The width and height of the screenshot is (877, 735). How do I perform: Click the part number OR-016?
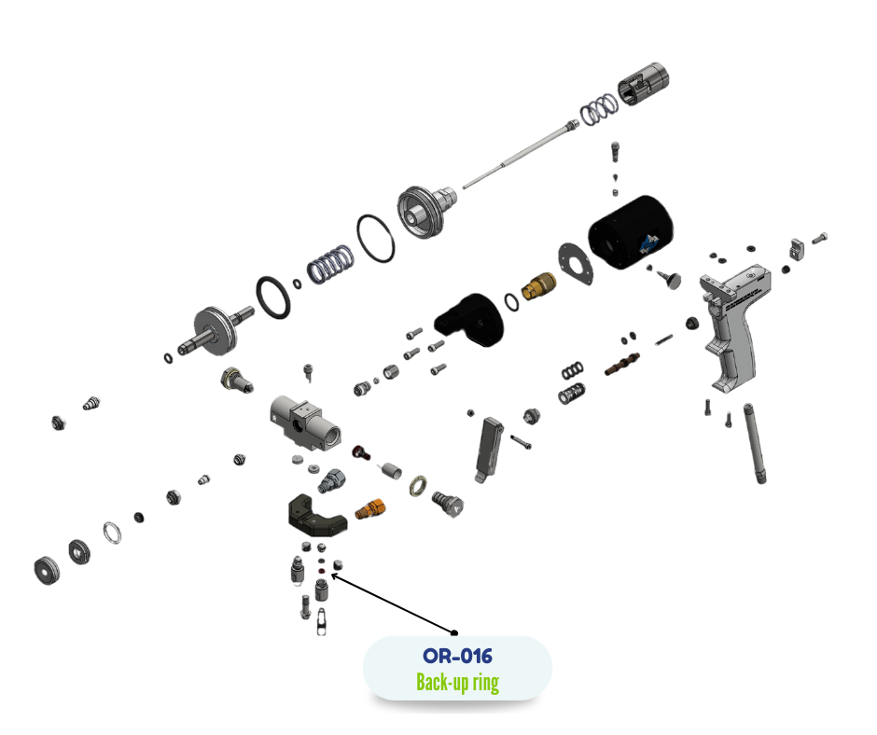click(457, 656)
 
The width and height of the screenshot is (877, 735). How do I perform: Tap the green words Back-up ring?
click(457, 682)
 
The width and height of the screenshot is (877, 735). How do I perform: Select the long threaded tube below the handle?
click(756, 443)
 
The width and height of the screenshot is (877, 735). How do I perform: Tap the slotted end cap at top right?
click(645, 85)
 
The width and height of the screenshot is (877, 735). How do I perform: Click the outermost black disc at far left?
click(44, 569)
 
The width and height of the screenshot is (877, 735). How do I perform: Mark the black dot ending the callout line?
click(456, 631)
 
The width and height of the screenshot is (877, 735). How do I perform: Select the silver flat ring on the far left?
click(112, 534)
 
